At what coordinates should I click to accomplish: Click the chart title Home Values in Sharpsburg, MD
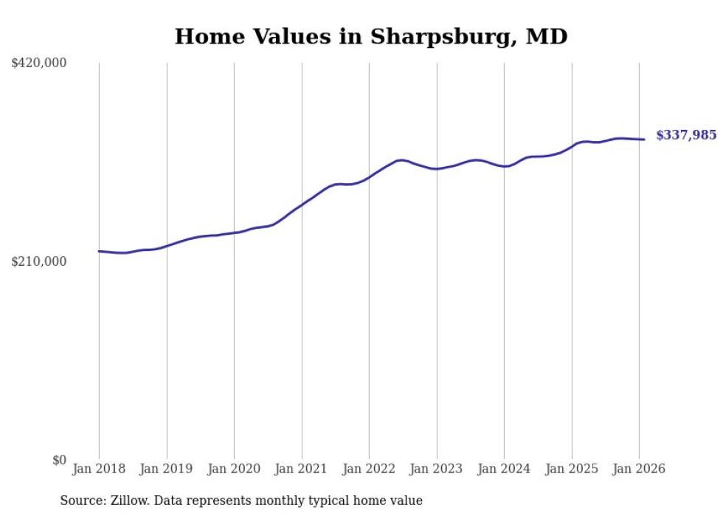371,36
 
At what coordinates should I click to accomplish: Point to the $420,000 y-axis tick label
39,63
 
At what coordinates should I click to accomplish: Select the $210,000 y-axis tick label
39,261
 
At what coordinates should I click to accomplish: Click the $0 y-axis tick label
59,460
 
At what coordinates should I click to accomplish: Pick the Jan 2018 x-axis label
99,469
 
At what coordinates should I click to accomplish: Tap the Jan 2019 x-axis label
167,469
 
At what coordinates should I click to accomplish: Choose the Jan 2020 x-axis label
234,469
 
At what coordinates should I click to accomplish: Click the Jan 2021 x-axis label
302,469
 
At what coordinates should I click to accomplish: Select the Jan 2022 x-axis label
369,469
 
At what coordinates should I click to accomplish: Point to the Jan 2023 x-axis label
437,469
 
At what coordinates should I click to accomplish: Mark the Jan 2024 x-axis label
504,469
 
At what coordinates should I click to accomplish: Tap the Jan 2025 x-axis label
572,469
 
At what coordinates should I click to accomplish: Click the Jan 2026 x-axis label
639,469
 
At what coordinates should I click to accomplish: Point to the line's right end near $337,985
644,140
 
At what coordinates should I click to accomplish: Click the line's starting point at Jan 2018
99,251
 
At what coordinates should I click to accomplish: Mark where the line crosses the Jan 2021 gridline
302,203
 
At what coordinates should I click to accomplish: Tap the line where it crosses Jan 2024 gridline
504,167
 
